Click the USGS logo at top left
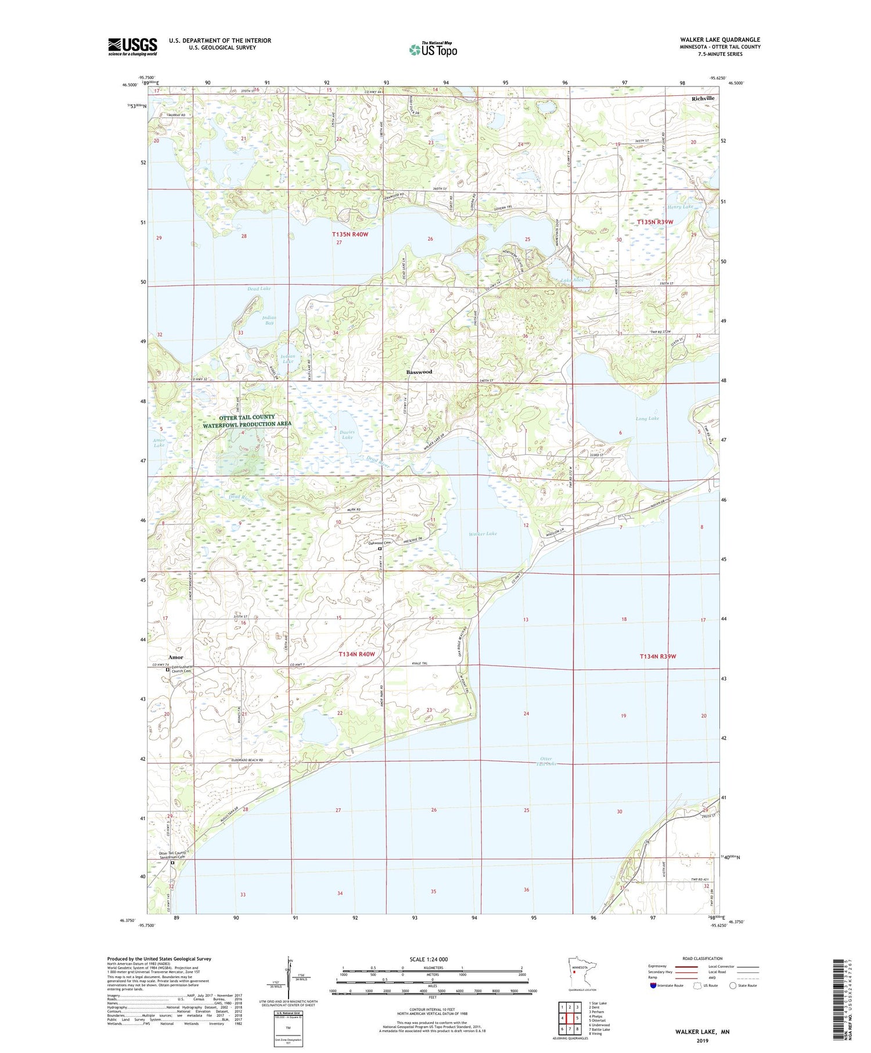[x=132, y=46]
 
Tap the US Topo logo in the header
[x=433, y=49]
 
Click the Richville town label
[x=703, y=99]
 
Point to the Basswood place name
[x=419, y=372]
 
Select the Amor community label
[x=175, y=657]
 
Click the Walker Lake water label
[x=483, y=533]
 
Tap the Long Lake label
[x=647, y=418]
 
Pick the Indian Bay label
[x=268, y=320]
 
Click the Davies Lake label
[x=347, y=434]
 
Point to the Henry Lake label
[x=680, y=207]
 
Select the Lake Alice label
[x=572, y=280]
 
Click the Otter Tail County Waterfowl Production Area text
[x=247, y=421]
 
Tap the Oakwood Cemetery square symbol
[x=380, y=548]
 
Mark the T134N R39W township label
[x=658, y=656]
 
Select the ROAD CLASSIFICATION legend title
[x=703, y=958]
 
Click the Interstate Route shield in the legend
[x=653, y=985]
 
